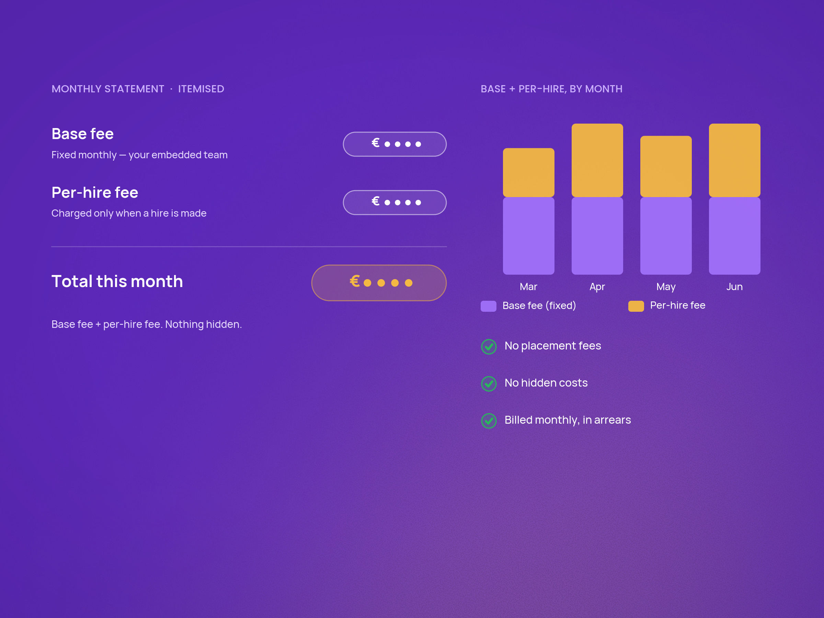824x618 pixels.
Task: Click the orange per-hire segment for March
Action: (x=529, y=172)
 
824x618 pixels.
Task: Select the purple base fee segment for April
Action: (x=597, y=236)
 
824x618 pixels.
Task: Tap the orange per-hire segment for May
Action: (x=666, y=167)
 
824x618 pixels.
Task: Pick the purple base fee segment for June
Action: (x=735, y=236)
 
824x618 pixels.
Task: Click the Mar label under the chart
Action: (x=529, y=286)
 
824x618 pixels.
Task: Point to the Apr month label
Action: (x=597, y=287)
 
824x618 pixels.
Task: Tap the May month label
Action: (x=666, y=287)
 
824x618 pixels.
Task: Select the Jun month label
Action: (x=735, y=286)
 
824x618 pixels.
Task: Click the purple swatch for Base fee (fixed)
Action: (x=488, y=306)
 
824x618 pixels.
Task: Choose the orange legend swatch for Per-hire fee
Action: (x=636, y=306)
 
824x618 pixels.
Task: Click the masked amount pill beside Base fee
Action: (x=394, y=144)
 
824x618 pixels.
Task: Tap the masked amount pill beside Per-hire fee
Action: (x=394, y=202)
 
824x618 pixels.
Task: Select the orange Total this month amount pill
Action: (x=379, y=283)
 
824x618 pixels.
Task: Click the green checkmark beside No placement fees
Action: (x=489, y=346)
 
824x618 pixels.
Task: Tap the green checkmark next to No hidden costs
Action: (x=489, y=384)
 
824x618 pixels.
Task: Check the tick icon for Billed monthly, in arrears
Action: (x=489, y=421)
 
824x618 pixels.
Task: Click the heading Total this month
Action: (x=117, y=281)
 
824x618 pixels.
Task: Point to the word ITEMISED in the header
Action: (x=201, y=89)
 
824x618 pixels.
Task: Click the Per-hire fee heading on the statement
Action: (x=95, y=193)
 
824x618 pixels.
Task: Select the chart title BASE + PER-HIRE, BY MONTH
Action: (x=551, y=89)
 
